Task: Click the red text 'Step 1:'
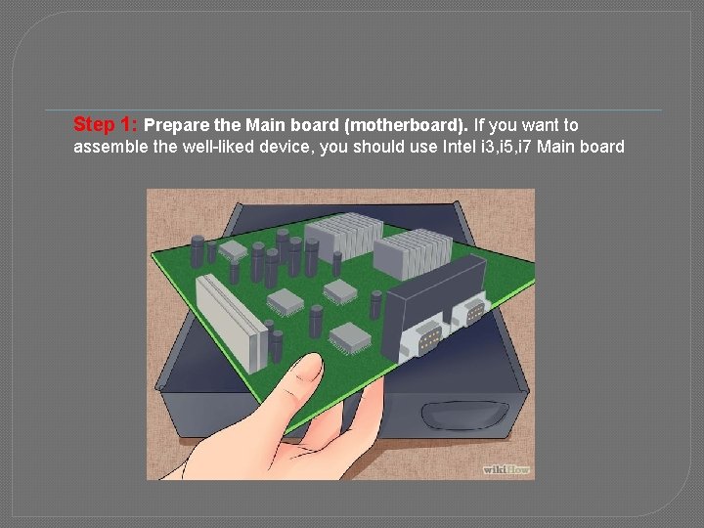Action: (x=107, y=125)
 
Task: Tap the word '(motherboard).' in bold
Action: (x=418, y=125)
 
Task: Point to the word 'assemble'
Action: (x=108, y=149)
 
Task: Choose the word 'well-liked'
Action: (x=208, y=149)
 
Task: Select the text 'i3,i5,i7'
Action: (x=524, y=149)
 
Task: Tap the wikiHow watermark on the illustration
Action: (x=506, y=468)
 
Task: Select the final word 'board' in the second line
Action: (x=603, y=149)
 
